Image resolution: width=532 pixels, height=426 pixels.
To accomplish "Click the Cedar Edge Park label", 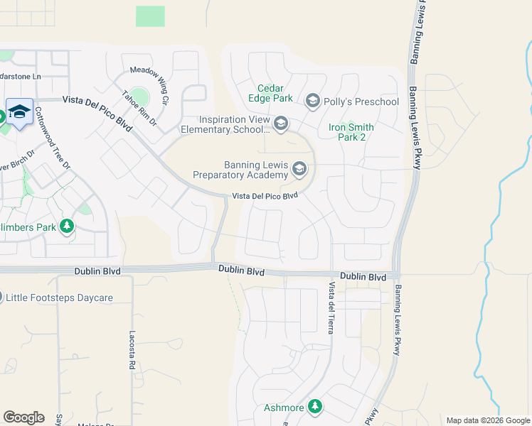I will [x=270, y=92].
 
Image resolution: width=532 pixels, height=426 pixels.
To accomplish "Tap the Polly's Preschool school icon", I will [x=312, y=102].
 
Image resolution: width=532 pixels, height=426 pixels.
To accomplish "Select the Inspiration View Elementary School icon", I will [x=281, y=125].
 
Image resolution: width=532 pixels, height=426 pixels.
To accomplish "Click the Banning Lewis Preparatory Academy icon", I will [x=299, y=169].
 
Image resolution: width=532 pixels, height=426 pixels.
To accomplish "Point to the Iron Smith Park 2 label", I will [x=347, y=132].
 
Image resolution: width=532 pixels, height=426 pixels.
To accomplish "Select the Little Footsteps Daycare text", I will [x=60, y=297].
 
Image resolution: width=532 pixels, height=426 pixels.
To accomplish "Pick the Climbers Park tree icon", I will [x=67, y=226].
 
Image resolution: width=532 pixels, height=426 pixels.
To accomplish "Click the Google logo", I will [x=23, y=417].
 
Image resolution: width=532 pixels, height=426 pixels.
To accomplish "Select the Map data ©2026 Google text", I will [x=487, y=420].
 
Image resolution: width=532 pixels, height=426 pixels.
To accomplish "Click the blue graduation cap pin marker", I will [x=19, y=111].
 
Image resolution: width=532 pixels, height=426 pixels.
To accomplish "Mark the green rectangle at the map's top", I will [x=150, y=16].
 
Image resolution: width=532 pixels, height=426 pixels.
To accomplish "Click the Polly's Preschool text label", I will [x=361, y=102].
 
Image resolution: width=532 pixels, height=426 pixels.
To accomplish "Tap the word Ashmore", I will [x=284, y=408].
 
